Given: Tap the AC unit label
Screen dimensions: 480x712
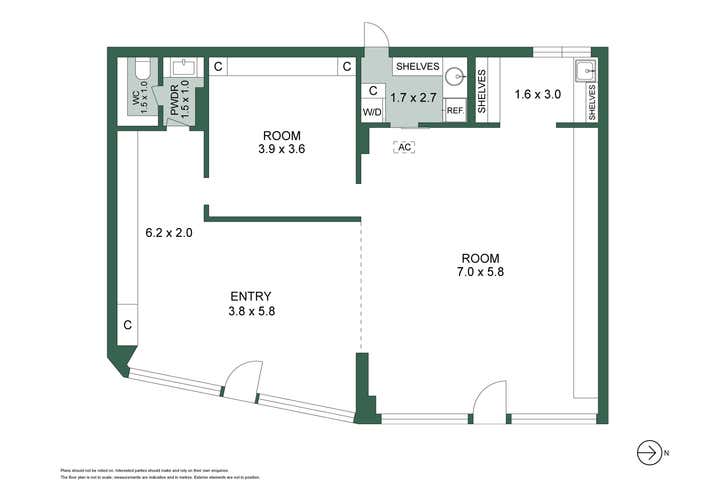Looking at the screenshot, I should (x=404, y=147).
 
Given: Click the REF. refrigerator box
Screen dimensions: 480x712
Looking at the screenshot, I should (x=454, y=111).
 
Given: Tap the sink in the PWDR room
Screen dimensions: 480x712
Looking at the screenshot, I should (x=183, y=68).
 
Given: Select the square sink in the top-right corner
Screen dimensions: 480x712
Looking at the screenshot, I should (x=586, y=70).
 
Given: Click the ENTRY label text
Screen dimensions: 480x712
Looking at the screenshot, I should (x=251, y=296).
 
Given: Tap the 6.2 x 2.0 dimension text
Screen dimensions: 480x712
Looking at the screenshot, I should (x=167, y=233).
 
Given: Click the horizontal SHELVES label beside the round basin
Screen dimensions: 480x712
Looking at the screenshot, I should (x=417, y=66).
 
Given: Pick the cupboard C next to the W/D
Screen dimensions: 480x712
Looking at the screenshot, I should (x=373, y=91).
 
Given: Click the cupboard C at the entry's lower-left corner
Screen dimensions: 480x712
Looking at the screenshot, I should (x=127, y=325).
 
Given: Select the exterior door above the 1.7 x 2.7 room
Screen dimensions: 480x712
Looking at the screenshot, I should (x=374, y=35).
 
